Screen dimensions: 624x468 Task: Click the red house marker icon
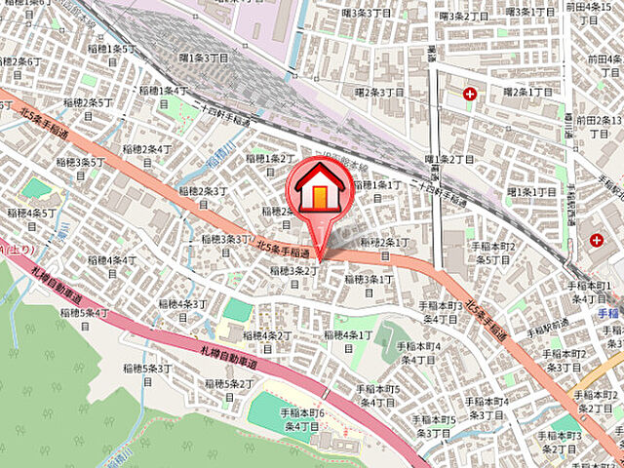(319, 191)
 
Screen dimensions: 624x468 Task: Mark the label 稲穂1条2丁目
(270, 164)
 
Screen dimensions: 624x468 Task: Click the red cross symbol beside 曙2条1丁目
(471, 94)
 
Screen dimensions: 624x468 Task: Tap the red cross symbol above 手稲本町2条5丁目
(596, 238)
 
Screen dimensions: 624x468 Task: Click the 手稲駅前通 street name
(548, 332)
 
